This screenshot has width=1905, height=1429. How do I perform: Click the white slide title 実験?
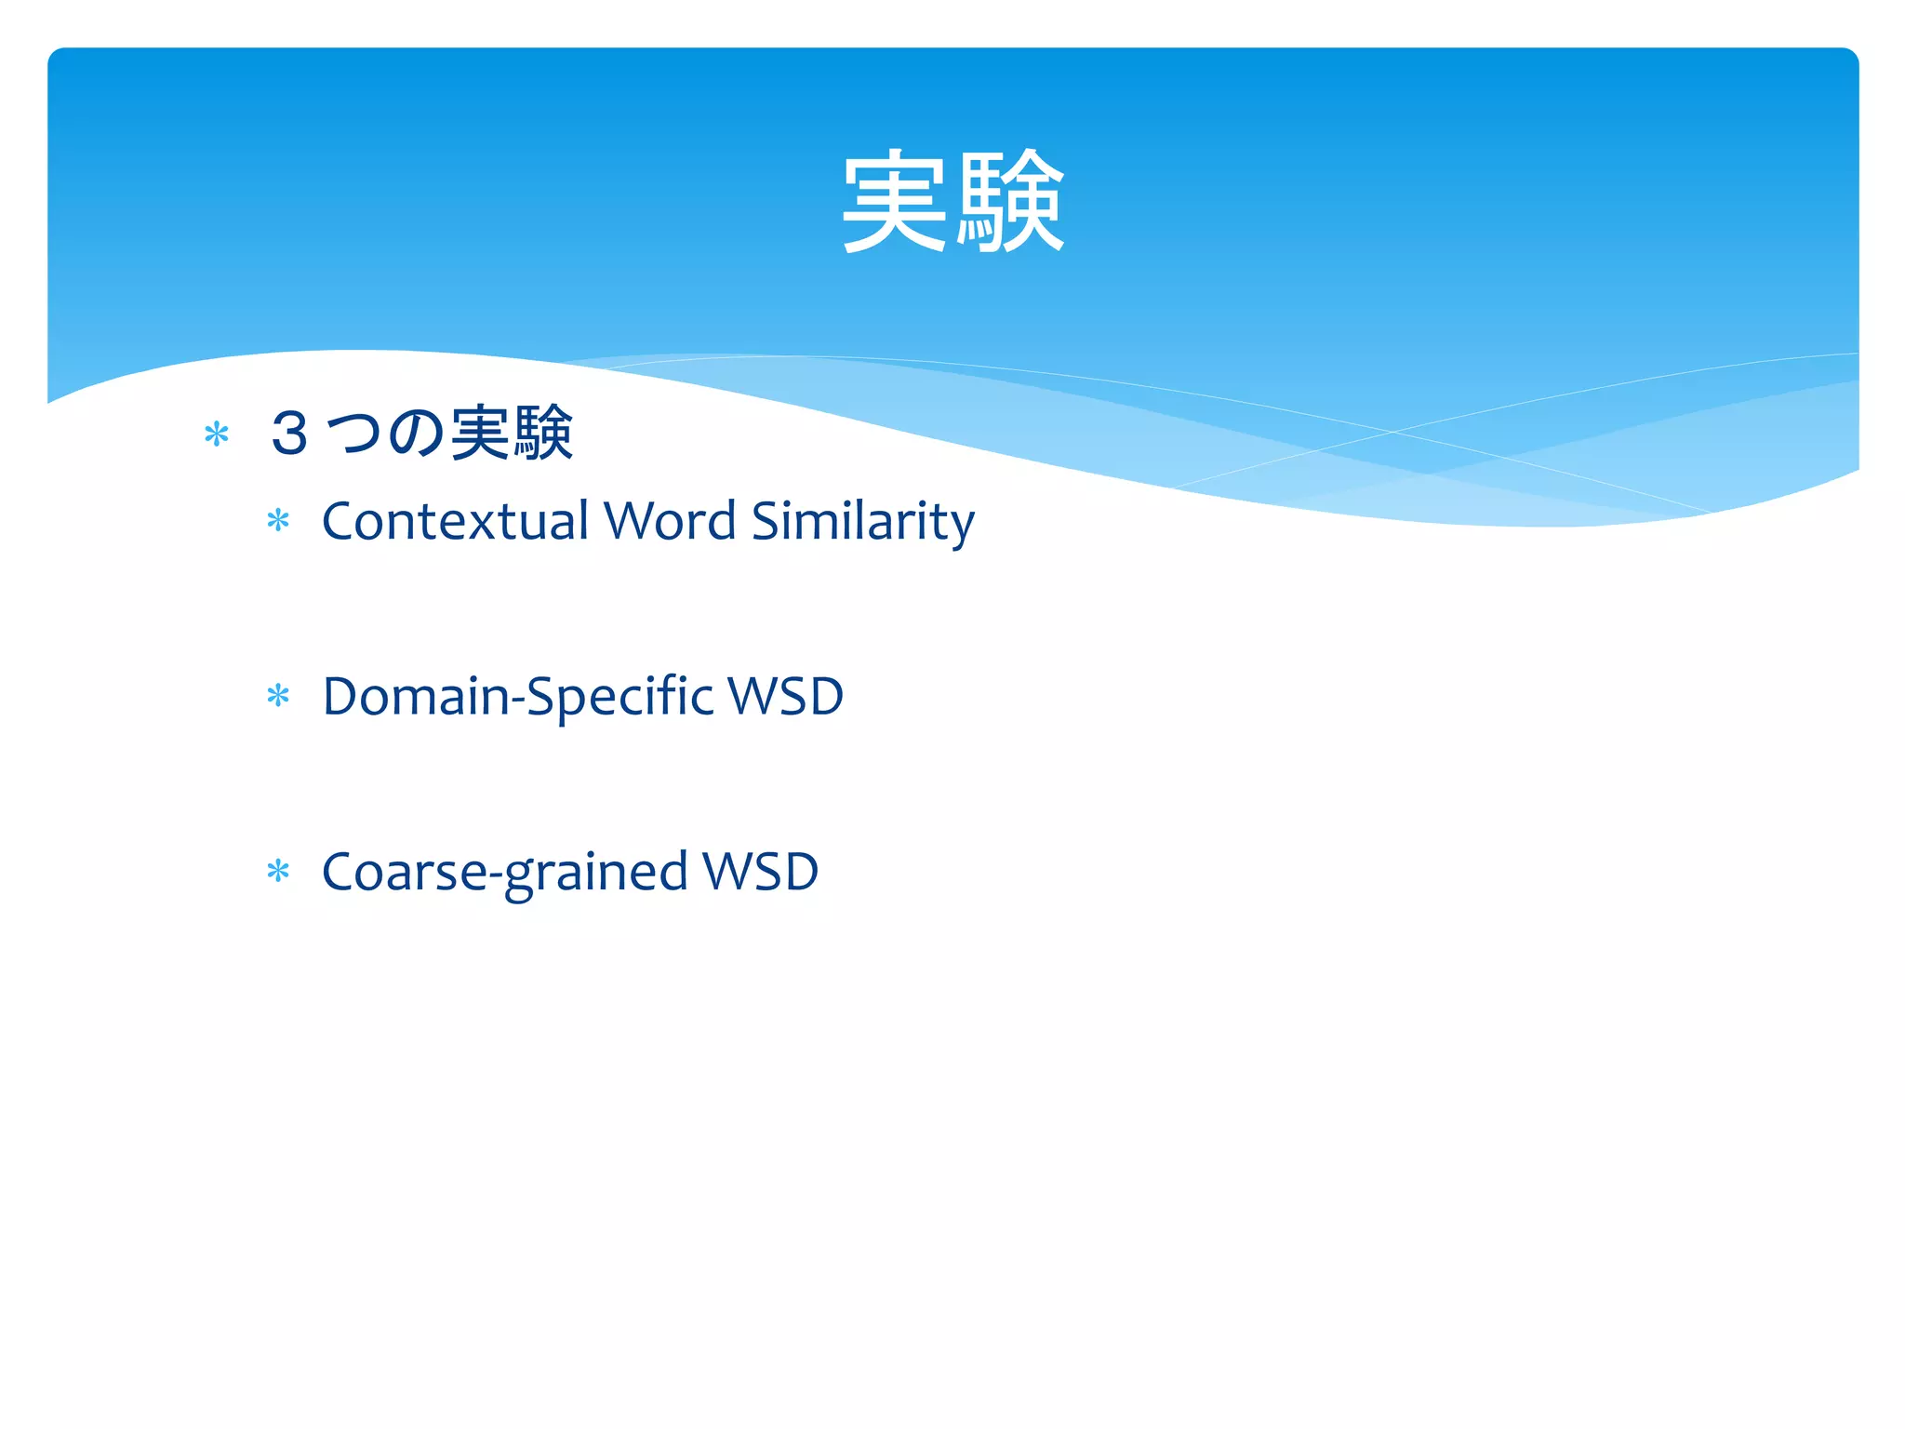(x=952, y=202)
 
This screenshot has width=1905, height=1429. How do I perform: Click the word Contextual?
(x=456, y=521)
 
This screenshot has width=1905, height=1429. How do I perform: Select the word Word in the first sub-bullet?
(x=670, y=521)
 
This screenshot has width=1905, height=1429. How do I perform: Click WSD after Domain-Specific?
(x=786, y=697)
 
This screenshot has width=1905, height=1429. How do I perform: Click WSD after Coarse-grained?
(x=760, y=873)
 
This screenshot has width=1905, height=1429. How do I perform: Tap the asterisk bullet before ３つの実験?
(x=217, y=434)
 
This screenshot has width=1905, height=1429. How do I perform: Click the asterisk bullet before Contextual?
(x=278, y=520)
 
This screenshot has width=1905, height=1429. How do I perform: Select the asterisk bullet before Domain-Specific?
(x=278, y=696)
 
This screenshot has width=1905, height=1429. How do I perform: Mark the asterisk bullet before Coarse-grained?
(x=278, y=872)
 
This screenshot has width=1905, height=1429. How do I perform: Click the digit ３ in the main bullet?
(x=289, y=434)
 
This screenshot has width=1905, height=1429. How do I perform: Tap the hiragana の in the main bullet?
(x=416, y=434)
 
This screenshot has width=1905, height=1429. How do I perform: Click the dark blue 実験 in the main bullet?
(x=512, y=434)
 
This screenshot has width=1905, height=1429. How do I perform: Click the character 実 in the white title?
(x=895, y=202)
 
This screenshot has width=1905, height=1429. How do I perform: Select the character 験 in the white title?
(x=1010, y=202)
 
